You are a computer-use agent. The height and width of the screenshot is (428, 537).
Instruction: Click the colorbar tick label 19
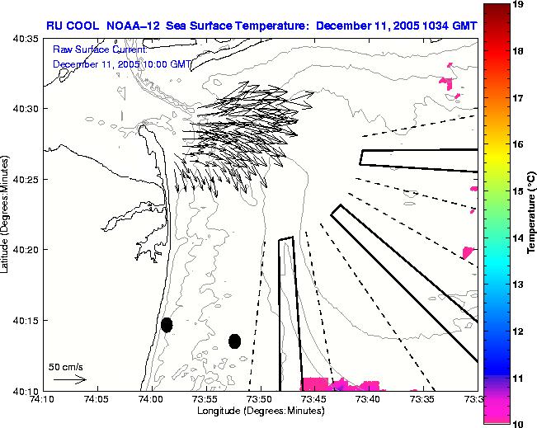coord(519,5)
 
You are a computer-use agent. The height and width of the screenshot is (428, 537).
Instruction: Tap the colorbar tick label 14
coord(519,238)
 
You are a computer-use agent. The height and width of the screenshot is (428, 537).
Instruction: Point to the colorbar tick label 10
coord(519,422)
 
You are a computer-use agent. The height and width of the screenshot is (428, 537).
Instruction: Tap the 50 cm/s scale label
coord(65,366)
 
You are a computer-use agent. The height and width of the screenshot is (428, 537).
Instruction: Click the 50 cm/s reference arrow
coord(70,379)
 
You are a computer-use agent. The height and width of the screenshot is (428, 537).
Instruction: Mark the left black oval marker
coord(167,325)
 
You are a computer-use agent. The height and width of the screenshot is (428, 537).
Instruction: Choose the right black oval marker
coord(234,341)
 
